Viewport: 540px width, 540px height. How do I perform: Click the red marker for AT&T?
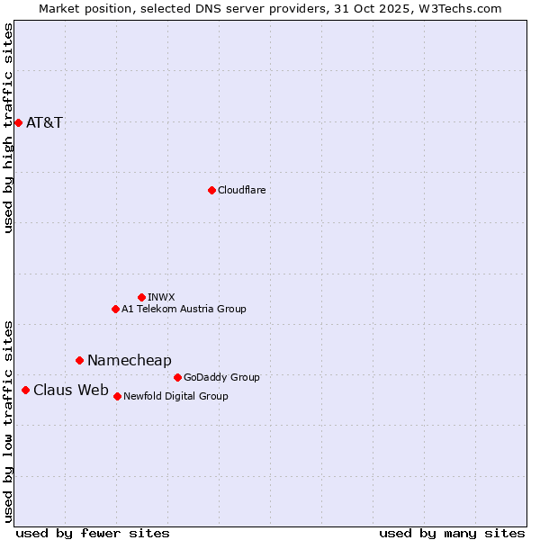click(x=18, y=122)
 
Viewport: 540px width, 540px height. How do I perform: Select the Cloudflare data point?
click(x=211, y=190)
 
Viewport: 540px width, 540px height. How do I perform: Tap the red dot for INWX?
click(x=141, y=297)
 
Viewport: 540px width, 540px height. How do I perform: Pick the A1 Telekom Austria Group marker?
click(x=115, y=309)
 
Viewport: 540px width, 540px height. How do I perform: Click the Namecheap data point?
click(x=79, y=360)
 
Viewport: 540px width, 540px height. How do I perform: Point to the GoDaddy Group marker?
click(x=177, y=377)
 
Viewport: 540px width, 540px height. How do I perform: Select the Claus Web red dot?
click(x=25, y=390)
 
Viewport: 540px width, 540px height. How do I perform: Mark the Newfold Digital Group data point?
click(x=117, y=396)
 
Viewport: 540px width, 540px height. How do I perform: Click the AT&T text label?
click(x=44, y=122)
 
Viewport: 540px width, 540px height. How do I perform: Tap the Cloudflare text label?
click(x=241, y=190)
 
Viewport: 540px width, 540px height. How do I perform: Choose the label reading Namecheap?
click(x=129, y=360)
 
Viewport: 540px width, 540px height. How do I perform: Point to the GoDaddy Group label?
click(x=221, y=377)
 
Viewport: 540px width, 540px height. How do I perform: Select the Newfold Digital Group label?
click(x=175, y=396)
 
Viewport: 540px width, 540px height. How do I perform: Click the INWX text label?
click(x=161, y=297)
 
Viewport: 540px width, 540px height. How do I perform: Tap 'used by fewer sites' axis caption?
click(x=93, y=533)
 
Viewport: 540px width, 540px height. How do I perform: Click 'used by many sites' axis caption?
click(x=452, y=533)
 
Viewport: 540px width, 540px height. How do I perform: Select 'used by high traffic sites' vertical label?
click(x=9, y=129)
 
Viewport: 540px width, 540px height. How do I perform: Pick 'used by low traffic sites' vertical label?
click(x=9, y=420)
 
